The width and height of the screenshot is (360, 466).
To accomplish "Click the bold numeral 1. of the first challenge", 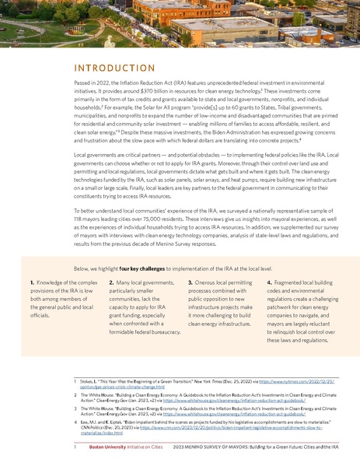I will [32, 280].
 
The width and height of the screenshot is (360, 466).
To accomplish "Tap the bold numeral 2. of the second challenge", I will [112, 280].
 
